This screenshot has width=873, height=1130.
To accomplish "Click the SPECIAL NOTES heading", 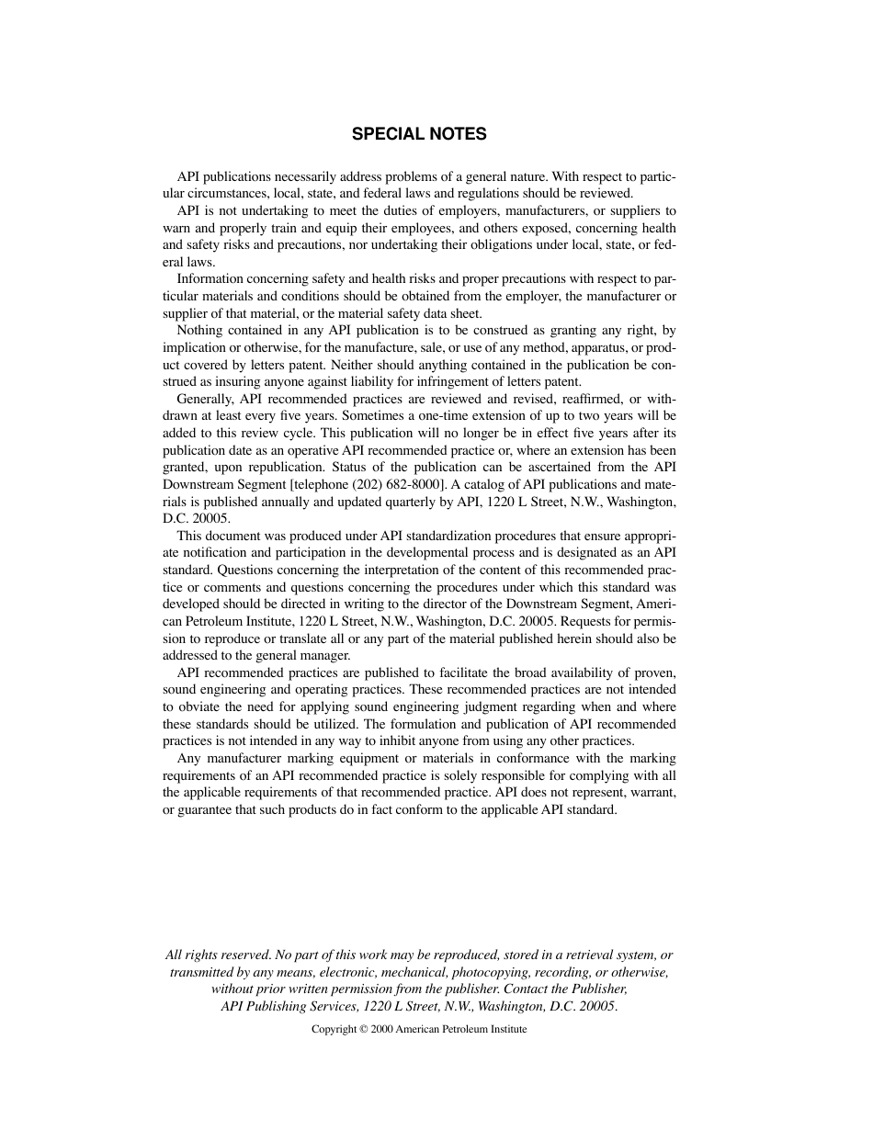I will pyautogui.click(x=419, y=134).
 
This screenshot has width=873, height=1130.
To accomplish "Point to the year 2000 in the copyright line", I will pyautogui.click(x=382, y=1030).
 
